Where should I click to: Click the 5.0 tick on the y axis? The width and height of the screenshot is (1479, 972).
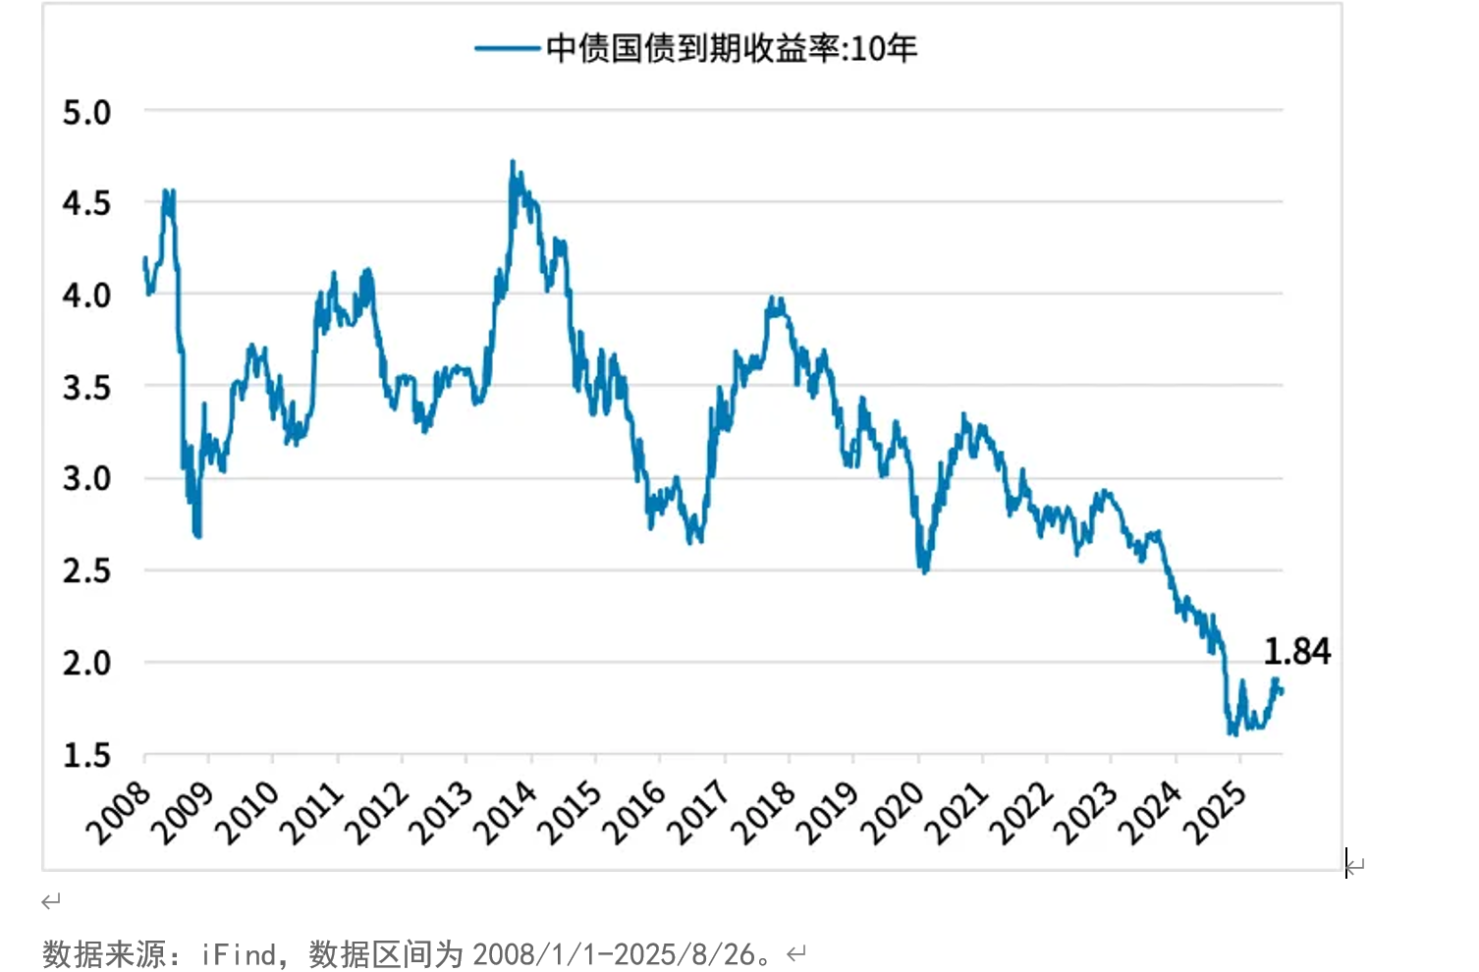pos(86,113)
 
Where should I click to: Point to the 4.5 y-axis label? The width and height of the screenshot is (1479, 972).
pos(86,204)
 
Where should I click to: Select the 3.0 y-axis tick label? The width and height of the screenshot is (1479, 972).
pos(86,479)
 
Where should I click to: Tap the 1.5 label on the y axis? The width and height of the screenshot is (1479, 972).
pos(86,756)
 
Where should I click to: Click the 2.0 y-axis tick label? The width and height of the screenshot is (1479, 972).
pos(86,664)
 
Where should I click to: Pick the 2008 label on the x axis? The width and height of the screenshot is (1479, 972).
pos(118,814)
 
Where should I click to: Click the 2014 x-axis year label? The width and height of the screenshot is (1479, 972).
pos(505,814)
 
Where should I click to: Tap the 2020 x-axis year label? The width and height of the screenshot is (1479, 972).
pos(892,814)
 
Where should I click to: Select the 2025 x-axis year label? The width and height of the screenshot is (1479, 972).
pos(1214,814)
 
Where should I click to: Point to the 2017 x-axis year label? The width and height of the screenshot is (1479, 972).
pos(698,814)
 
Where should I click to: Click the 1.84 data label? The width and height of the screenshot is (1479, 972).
pos(1296,652)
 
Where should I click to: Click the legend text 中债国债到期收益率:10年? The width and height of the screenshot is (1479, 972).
pos(732,48)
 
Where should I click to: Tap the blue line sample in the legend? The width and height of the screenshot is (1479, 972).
pos(507,48)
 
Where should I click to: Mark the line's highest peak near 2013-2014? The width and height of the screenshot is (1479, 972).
pos(513,162)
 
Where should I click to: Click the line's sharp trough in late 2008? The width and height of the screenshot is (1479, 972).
pos(198,535)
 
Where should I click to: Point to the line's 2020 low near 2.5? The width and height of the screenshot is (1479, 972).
pos(923,570)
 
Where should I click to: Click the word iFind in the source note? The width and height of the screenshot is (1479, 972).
pos(239,954)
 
